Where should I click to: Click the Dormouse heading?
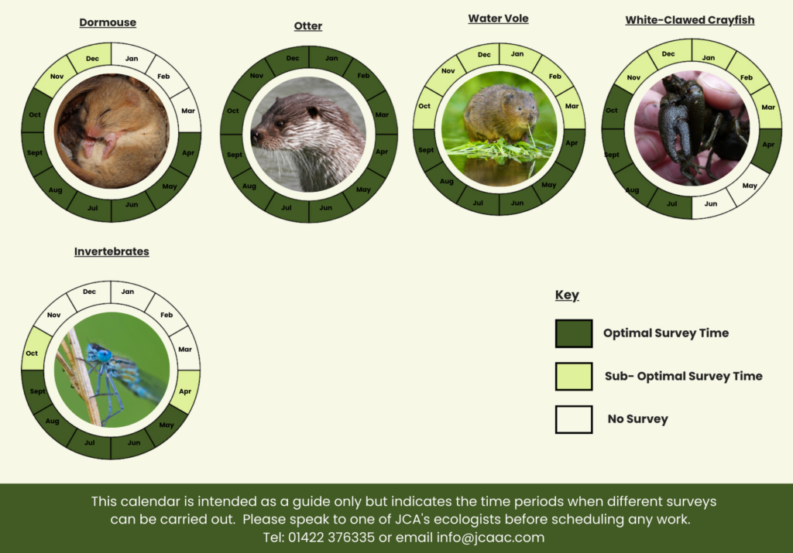(108, 22)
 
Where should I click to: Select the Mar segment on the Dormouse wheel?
(186, 110)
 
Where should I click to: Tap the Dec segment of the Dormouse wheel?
(91, 57)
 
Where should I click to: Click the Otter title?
(308, 26)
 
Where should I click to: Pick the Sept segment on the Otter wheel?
(234, 155)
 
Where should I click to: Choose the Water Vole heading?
(498, 19)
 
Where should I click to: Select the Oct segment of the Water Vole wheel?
(425, 107)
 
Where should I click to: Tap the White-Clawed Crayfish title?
(690, 20)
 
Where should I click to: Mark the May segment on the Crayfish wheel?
(749, 186)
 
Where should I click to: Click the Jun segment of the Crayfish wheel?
(710, 204)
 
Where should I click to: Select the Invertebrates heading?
(112, 251)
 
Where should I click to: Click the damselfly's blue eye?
(105, 355)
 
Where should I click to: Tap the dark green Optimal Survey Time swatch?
(574, 333)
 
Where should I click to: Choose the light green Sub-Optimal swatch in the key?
(574, 376)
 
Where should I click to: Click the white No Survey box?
(574, 419)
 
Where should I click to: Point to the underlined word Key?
(567, 295)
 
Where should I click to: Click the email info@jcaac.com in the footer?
(490, 538)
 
